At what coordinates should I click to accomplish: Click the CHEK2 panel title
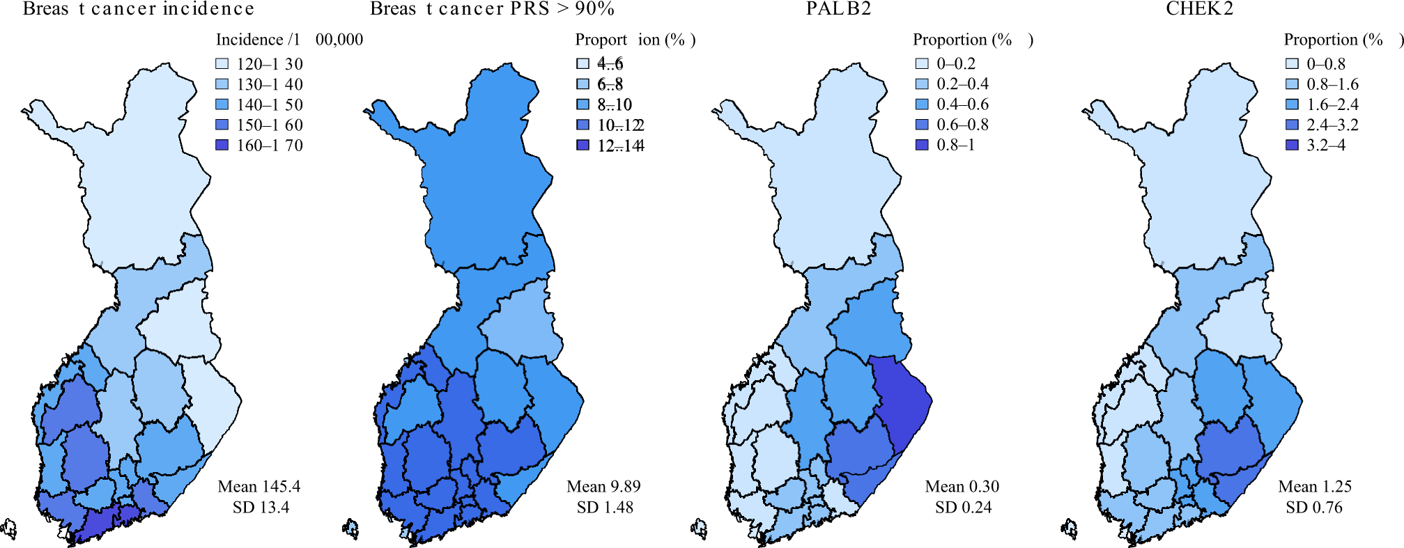tap(1199, 9)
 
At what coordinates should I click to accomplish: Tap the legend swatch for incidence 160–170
tap(222, 146)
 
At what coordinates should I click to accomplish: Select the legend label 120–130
tap(270, 64)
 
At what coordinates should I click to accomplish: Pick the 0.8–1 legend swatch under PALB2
tap(922, 146)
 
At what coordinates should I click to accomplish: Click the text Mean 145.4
tap(259, 487)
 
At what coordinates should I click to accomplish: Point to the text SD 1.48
tap(605, 508)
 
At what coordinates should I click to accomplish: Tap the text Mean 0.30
tap(962, 487)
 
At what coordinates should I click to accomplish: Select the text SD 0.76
tap(1313, 508)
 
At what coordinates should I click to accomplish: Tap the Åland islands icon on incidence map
tap(9, 529)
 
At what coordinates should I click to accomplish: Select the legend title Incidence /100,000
tap(289, 40)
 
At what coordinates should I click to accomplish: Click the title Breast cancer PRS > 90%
tap(492, 9)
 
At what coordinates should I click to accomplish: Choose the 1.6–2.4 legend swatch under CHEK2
tap(1292, 104)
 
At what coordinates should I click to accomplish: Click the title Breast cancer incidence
tap(139, 9)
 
